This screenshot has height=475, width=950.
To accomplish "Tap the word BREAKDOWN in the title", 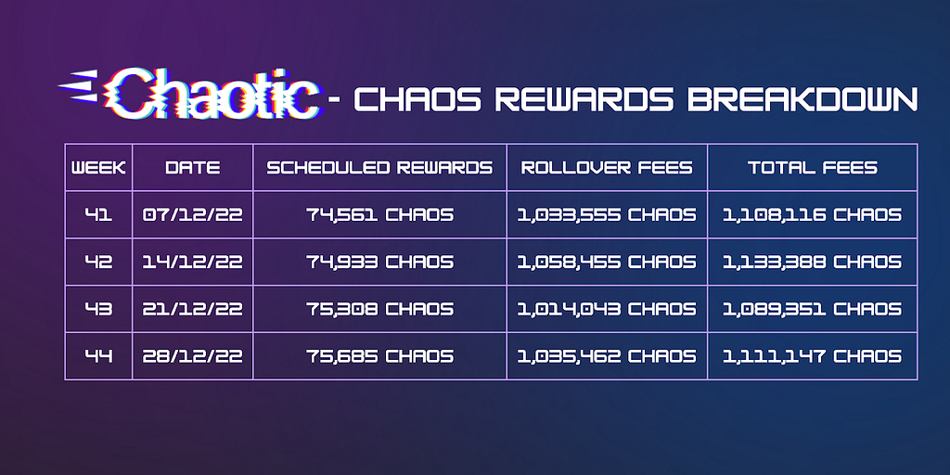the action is [802, 98].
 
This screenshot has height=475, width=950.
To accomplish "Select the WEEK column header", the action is [98, 168].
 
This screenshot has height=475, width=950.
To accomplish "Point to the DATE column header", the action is [193, 168].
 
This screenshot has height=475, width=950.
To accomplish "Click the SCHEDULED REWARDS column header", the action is [379, 168].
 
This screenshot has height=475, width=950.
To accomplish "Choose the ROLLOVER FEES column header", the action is [607, 168].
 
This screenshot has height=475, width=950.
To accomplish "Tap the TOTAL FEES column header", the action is [813, 168].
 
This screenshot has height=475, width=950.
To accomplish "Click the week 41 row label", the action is [98, 214].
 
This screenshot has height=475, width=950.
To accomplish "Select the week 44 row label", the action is [98, 356].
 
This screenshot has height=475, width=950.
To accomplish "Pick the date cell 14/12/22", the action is [193, 262].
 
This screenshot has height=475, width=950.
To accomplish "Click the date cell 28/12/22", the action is [193, 356].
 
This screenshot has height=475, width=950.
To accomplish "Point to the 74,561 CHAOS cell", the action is [379, 215].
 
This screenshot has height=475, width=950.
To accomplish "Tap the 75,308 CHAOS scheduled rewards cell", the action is [379, 309].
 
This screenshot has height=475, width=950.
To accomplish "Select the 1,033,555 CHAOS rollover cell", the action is [607, 215].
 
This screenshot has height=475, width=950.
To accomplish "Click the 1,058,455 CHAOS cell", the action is [607, 262].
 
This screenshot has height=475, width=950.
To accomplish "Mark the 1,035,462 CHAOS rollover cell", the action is [607, 356].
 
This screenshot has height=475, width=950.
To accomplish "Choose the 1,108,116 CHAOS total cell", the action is [813, 215].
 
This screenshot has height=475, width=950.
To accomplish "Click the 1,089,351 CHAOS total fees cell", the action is [813, 309].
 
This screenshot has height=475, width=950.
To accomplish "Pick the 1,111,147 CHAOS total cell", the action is [813, 356].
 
